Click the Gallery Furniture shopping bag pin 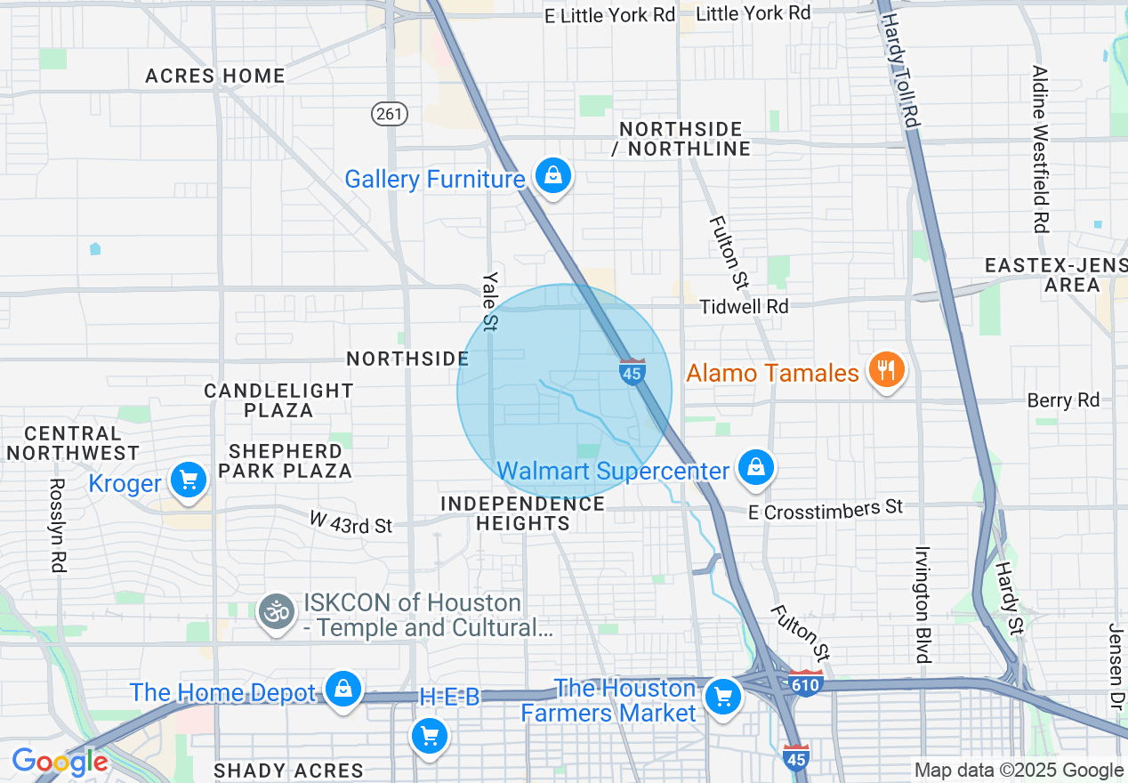(553, 175)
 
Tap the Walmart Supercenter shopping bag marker (755, 467)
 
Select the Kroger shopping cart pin (188, 481)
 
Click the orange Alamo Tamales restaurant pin (885, 369)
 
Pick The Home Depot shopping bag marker (342, 690)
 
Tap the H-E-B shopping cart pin (430, 736)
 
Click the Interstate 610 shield (806, 683)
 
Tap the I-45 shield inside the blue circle (632, 372)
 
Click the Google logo (60, 763)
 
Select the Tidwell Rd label (744, 306)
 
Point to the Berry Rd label (1063, 400)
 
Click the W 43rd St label (350, 522)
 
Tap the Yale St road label (489, 301)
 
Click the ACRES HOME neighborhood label (215, 76)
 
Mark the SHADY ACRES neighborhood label (289, 771)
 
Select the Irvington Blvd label (922, 604)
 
